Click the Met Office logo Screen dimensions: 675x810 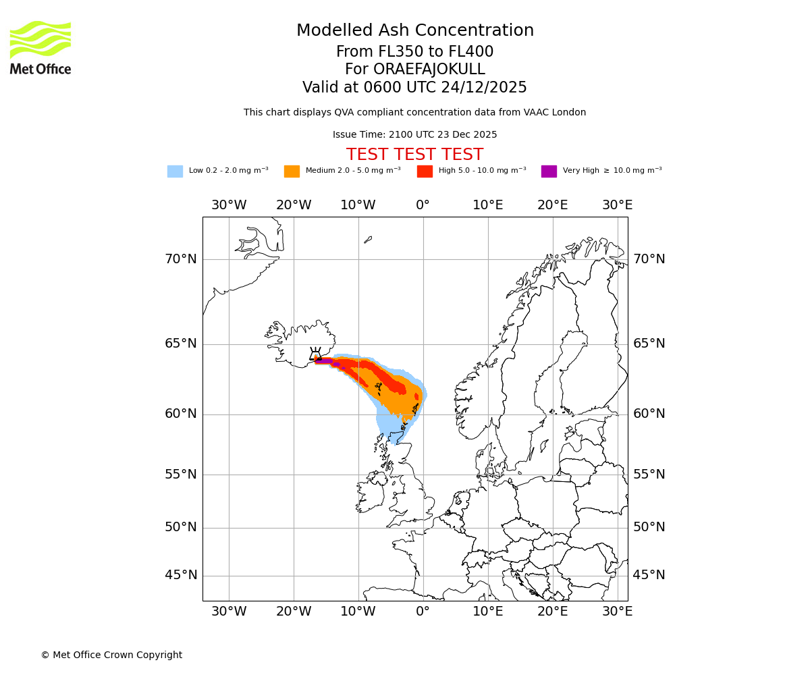pos(40,47)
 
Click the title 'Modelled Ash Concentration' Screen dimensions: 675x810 pos(414,31)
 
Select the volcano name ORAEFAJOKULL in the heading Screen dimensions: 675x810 pos(414,70)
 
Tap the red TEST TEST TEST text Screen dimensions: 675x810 pos(414,155)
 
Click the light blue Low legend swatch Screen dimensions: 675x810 pos(175,171)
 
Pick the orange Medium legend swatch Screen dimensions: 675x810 pos(292,171)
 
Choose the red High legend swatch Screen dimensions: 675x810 pos(425,171)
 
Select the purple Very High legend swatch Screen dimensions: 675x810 pos(549,171)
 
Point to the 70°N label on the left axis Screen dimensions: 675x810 pos(181,259)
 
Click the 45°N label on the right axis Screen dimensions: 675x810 pos(649,575)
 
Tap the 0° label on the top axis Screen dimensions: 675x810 pos(423,205)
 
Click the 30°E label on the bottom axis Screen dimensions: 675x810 pos(617,612)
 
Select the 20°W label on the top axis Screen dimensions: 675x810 pos(293,205)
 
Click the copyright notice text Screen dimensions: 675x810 pos(111,655)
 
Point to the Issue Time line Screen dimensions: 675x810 pos(414,134)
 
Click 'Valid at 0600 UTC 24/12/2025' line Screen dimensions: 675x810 pos(414,88)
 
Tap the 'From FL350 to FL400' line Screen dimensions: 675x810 pos(414,52)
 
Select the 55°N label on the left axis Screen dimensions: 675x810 pos(181,475)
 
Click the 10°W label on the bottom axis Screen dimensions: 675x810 pos(358,612)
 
